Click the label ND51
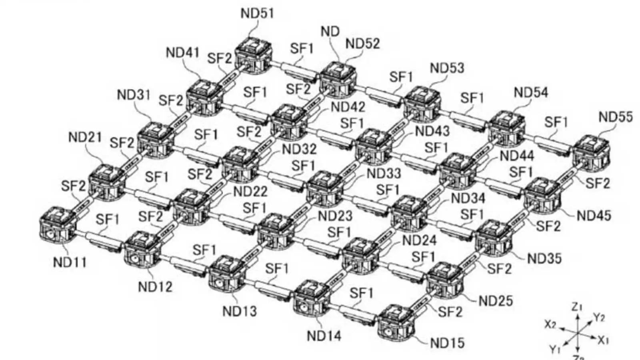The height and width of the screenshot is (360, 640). click(257, 13)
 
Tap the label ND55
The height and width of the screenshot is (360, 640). click(616, 117)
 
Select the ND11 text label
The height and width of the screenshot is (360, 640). click(70, 262)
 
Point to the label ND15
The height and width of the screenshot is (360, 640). click(447, 343)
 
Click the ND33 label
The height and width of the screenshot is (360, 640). click(384, 174)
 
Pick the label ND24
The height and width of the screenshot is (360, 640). click(419, 240)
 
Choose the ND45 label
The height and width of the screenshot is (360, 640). click(594, 216)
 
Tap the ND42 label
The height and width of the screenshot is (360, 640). click(348, 107)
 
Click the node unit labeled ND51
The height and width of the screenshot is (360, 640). click(254, 56)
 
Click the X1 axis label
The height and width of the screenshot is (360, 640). click(603, 340)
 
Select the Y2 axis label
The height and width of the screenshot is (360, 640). click(599, 318)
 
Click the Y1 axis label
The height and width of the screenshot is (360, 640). click(554, 349)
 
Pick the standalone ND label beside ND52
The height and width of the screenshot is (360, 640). click(330, 31)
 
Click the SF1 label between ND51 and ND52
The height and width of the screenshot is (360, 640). click(302, 48)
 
